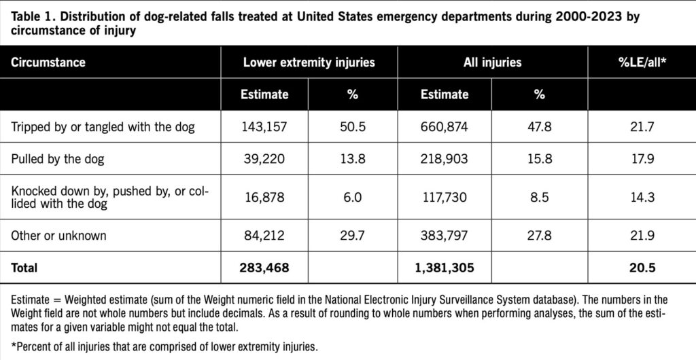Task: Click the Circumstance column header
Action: tap(48, 62)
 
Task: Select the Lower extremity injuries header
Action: tap(309, 62)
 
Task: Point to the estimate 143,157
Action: tap(264, 126)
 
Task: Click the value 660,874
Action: tap(445, 126)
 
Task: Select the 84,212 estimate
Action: tap(264, 236)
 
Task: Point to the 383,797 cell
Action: tap(445, 236)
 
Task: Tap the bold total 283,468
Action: tap(265, 268)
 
